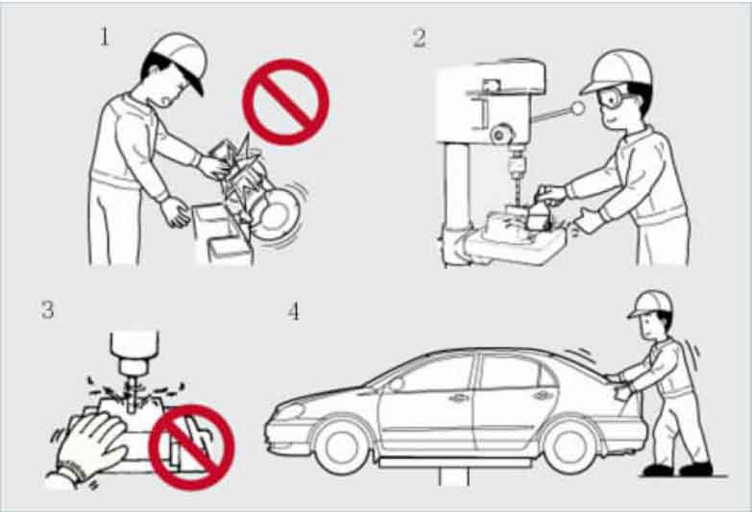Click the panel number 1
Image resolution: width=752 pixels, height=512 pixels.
pyautogui.click(x=104, y=37)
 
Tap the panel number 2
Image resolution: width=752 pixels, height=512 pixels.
pyautogui.click(x=419, y=38)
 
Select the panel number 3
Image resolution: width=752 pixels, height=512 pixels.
pyautogui.click(x=47, y=310)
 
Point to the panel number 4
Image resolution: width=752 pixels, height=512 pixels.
pyautogui.click(x=294, y=312)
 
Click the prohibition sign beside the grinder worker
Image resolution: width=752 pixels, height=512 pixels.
pyautogui.click(x=286, y=102)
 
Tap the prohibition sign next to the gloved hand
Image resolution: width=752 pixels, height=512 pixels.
pyautogui.click(x=192, y=448)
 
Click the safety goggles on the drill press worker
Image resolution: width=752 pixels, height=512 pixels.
pyautogui.click(x=615, y=99)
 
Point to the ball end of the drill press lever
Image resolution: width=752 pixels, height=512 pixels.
pyautogui.click(x=578, y=108)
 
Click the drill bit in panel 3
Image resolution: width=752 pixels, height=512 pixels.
pyautogui.click(x=131, y=395)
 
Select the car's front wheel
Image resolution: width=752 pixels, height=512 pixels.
pyautogui.click(x=342, y=445)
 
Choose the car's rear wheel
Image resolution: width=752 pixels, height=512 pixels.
pyautogui.click(x=571, y=446)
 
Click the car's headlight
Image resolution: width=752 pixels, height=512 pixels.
pyautogui.click(x=290, y=411)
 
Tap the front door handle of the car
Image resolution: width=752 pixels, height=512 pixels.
pyautogui.click(x=459, y=398)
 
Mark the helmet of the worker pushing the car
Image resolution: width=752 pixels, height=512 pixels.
pyautogui.click(x=651, y=305)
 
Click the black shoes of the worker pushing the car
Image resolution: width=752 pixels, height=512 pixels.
pyautogui.click(x=677, y=470)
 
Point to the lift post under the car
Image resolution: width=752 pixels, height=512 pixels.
pyautogui.click(x=453, y=476)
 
